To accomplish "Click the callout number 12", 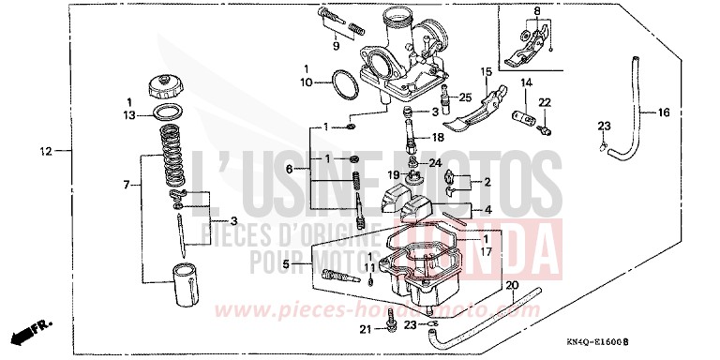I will click(x=44, y=151).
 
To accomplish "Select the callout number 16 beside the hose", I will click(x=663, y=112).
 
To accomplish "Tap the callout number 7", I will click(x=127, y=186).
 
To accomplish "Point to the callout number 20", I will click(x=510, y=285).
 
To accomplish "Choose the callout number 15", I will click(x=487, y=71).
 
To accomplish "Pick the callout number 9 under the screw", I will click(x=335, y=45).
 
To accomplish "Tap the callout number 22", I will click(x=544, y=102).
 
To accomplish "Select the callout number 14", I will click(x=526, y=83).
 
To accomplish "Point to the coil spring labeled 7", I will click(x=172, y=156).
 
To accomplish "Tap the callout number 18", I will click(x=438, y=137).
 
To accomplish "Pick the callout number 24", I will click(x=435, y=163).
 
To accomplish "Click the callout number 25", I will click(x=464, y=97).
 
